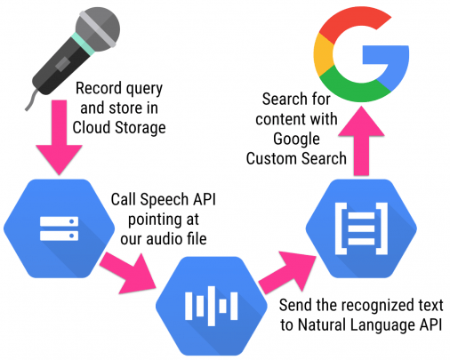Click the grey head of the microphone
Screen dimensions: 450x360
pos(98,28)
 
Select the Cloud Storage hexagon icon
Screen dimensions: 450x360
pos(59,228)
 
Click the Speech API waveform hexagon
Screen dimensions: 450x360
pos(212,306)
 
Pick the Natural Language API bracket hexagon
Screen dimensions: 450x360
pos(361,228)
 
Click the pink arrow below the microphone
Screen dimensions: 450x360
pos(59,137)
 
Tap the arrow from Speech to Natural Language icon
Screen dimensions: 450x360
pos(287,273)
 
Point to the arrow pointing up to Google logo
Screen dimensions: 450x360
pos(361,140)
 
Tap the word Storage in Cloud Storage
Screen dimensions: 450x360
pos(141,128)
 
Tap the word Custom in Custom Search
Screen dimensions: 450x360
pos(268,158)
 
